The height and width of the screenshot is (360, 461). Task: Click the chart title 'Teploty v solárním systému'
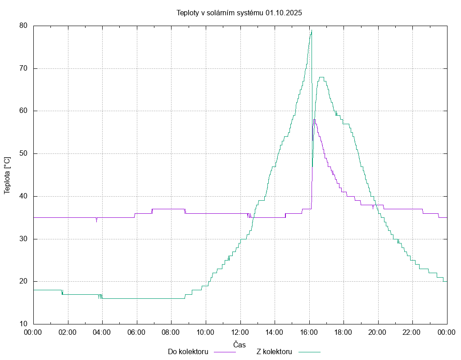click(220, 13)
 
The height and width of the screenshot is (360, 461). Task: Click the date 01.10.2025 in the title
click(284, 13)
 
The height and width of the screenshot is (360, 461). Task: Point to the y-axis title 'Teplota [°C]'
click(7, 175)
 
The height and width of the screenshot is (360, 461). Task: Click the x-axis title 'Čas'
click(240, 345)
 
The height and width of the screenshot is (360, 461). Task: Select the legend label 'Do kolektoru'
click(188, 351)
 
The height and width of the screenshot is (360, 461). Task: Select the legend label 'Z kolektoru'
click(275, 351)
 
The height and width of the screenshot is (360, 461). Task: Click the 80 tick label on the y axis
click(24, 26)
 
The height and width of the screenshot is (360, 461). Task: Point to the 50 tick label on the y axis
click(24, 153)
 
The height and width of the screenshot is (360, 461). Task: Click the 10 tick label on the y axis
click(24, 324)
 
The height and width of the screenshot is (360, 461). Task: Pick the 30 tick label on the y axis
click(24, 239)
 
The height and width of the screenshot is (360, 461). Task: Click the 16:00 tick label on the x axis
click(309, 332)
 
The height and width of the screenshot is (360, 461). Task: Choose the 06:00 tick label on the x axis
click(137, 332)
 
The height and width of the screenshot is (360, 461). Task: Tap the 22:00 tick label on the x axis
click(412, 332)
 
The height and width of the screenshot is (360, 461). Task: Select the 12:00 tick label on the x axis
click(240, 332)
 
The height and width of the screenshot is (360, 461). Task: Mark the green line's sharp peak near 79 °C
click(311, 30)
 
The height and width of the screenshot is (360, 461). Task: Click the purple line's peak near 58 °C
click(314, 119)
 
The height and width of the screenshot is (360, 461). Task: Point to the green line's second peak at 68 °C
click(321, 77)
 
